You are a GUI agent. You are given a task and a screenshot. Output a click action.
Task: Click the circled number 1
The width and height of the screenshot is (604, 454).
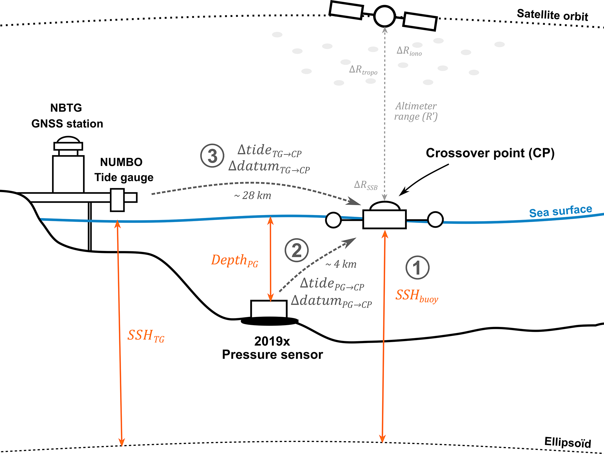click(x=417, y=268)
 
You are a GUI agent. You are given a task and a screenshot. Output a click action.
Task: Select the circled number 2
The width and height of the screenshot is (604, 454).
click(x=297, y=250)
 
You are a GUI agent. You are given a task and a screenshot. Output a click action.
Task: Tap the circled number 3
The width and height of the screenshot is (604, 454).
click(x=212, y=156)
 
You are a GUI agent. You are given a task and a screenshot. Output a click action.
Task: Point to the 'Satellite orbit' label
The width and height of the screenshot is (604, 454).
click(x=552, y=15)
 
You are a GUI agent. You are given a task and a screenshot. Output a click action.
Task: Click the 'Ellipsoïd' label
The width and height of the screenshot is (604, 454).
click(x=567, y=442)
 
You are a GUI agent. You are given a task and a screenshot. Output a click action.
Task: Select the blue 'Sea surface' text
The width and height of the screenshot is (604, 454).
click(x=560, y=211)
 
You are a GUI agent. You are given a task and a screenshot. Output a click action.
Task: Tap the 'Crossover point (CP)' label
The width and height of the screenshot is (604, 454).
click(x=490, y=153)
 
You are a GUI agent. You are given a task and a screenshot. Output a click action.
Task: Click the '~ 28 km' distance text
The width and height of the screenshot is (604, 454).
click(x=253, y=195)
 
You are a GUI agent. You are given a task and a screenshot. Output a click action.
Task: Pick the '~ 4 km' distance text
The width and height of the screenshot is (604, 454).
click(x=341, y=264)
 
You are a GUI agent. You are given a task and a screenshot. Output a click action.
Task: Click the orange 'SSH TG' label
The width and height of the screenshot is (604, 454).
click(x=146, y=336)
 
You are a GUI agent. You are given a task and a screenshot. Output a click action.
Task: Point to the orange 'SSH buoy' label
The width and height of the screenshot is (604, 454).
click(x=417, y=296)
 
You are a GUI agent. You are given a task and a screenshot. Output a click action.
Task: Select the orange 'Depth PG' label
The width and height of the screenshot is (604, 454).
click(x=235, y=260)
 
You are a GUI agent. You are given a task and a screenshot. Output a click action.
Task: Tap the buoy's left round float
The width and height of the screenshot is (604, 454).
click(x=333, y=220)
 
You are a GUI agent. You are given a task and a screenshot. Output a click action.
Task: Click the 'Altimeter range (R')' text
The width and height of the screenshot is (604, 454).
click(x=416, y=111)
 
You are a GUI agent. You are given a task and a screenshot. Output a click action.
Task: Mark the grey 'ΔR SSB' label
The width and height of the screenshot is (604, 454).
click(x=366, y=185)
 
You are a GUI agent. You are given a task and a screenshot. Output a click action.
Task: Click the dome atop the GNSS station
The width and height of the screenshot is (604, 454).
click(x=68, y=139)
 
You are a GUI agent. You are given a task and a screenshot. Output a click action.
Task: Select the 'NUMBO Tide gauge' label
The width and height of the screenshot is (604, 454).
click(x=123, y=170)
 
